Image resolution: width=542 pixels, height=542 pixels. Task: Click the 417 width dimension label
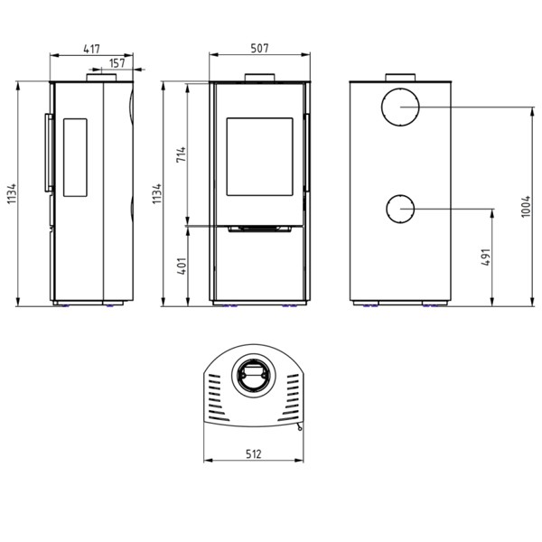91,49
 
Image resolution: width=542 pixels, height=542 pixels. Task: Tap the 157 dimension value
117,63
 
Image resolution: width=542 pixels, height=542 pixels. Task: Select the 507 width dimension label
259,48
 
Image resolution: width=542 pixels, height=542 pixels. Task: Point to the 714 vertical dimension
182,154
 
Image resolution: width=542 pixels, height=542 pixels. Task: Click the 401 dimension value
182,266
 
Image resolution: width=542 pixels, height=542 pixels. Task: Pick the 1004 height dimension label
526,206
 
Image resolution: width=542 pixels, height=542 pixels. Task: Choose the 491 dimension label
486,257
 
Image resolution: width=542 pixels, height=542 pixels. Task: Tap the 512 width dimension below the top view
254,453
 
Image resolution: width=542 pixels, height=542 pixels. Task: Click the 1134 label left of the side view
12,194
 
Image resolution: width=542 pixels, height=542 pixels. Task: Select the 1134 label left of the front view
157,193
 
